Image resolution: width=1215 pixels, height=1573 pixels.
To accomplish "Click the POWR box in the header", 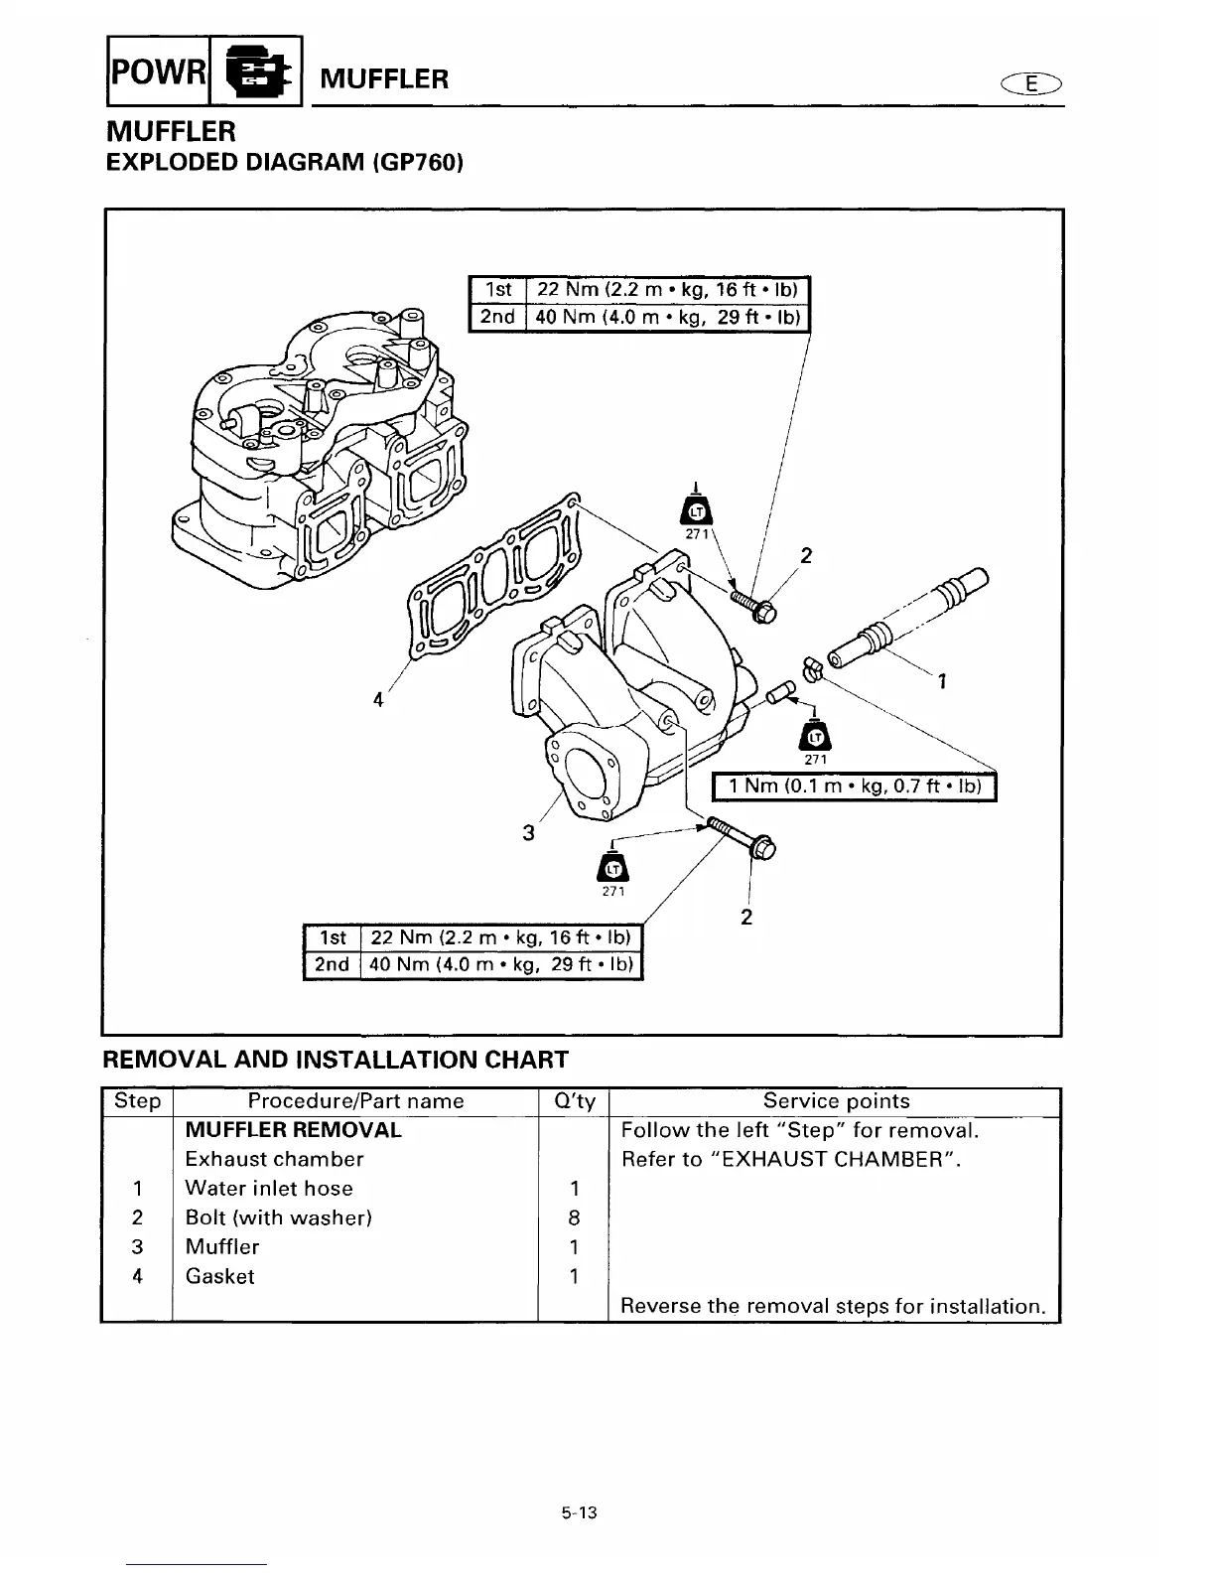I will [158, 75].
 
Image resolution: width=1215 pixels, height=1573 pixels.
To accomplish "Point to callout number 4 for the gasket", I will [378, 699].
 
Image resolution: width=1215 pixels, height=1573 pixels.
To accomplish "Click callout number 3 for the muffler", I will [529, 832].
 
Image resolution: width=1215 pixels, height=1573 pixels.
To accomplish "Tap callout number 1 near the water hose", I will [941, 681].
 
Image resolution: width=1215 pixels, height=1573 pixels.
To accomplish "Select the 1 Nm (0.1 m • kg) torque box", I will [856, 787].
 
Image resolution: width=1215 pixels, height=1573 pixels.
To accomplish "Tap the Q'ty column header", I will [573, 1101].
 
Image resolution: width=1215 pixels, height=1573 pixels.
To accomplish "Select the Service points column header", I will [836, 1101].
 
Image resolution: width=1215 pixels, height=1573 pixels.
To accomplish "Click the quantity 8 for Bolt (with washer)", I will [574, 1218].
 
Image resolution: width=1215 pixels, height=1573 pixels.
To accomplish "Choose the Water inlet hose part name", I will [269, 1189].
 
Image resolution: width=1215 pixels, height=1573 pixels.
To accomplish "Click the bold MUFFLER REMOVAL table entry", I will [294, 1130].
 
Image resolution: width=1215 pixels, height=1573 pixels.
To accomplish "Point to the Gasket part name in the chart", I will [220, 1277].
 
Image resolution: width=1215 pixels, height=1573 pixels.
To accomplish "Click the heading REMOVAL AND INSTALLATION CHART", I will [336, 1060].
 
